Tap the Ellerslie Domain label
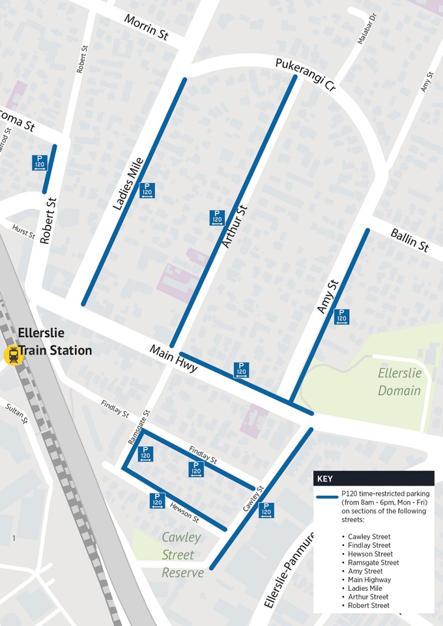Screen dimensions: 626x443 click(399, 382)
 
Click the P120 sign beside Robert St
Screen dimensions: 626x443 click(40, 163)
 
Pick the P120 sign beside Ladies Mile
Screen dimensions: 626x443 click(147, 190)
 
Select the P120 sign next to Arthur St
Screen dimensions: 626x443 click(218, 218)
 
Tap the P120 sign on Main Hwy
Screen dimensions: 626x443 click(242, 370)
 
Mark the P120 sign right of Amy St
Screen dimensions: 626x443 click(341, 317)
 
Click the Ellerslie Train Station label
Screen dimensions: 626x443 click(55, 342)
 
